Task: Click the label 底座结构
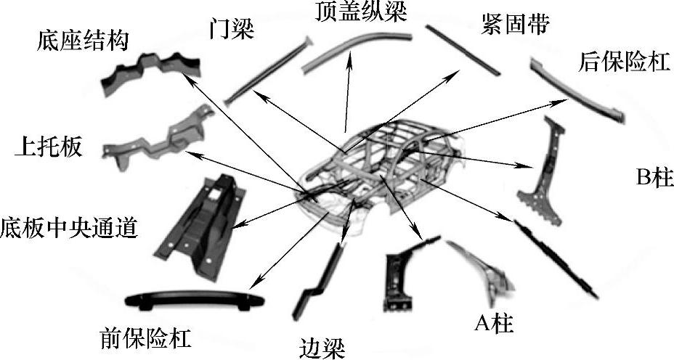(x=81, y=40)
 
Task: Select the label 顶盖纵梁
(x=351, y=11)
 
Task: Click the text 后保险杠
(x=622, y=62)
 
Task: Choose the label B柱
(x=651, y=178)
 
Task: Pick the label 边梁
(x=320, y=346)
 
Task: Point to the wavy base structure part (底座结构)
(x=149, y=73)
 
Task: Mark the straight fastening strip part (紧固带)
(x=463, y=49)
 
